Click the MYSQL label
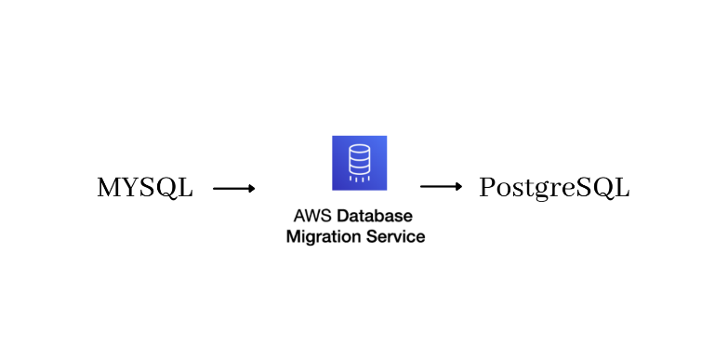pos(145,188)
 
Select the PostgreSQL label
pos(554,188)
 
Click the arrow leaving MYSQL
pos(233,188)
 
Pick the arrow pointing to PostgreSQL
pos(441,186)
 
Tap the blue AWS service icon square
pos(359,163)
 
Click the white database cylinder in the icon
pos(359,159)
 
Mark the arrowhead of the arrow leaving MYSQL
pos(251,188)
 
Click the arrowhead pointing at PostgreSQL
pos(458,186)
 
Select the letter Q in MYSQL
pos(166,189)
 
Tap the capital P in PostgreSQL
pos(487,188)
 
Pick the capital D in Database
pos(343,216)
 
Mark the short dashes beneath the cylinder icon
pos(359,180)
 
